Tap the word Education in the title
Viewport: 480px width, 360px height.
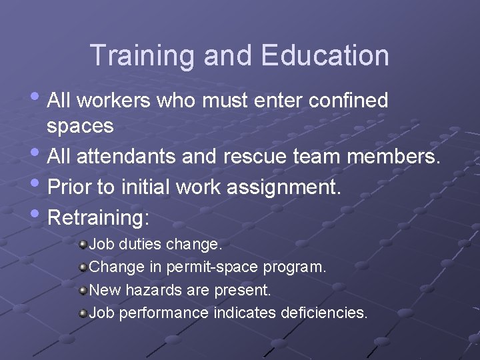[325, 55]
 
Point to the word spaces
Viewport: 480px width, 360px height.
[80, 125]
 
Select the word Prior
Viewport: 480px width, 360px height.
[70, 187]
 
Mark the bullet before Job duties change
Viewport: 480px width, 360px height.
[83, 245]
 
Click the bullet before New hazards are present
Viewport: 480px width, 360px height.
[83, 291]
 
